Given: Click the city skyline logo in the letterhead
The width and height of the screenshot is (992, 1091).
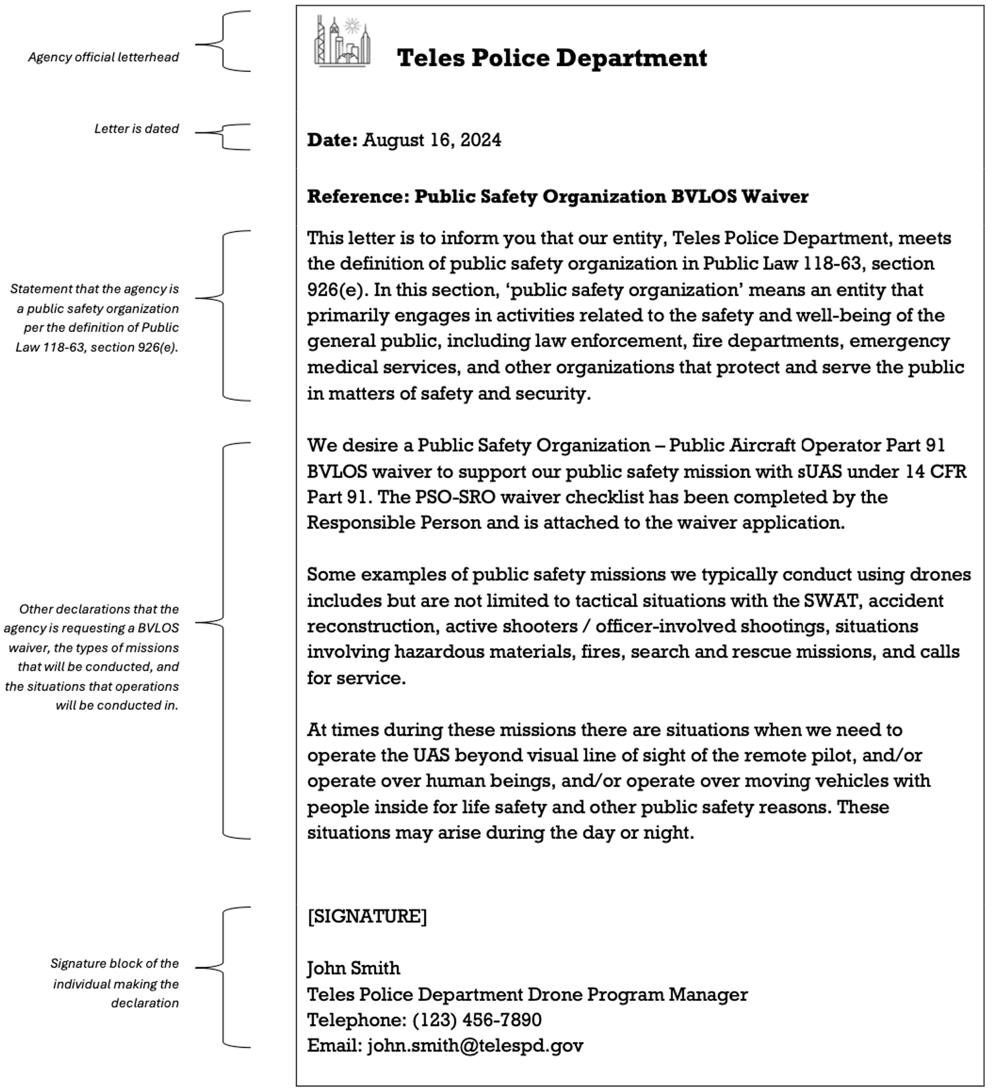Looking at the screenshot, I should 343,42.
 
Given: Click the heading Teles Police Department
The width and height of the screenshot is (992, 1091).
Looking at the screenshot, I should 552,58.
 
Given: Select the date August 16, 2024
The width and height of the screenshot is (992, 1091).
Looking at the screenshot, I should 432,140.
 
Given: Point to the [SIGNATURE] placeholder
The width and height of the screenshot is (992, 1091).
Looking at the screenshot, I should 367,916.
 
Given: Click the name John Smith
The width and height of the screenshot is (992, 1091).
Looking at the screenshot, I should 353,968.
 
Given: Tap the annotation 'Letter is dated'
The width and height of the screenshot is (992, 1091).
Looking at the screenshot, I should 136,129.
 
